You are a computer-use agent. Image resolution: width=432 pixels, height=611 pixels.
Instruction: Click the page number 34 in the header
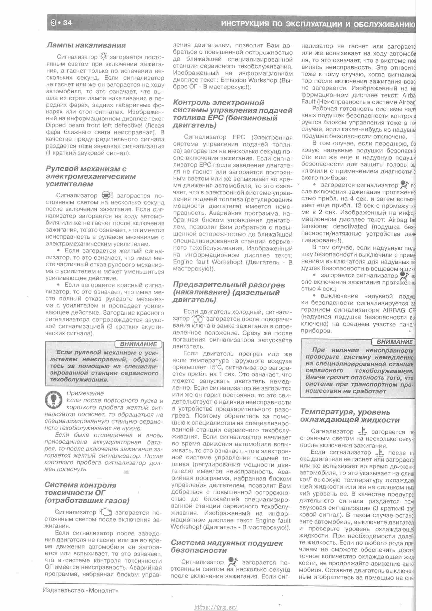click(68, 23)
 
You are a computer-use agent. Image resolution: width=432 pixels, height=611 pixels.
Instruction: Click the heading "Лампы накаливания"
click(86, 45)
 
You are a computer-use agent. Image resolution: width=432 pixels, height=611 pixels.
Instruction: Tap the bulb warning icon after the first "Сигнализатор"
click(103, 56)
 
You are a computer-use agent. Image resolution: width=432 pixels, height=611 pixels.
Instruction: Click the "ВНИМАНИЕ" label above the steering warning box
click(138, 344)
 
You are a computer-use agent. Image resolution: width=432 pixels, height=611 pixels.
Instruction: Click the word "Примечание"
click(85, 393)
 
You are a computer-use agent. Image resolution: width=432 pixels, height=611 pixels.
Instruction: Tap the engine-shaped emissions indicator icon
click(106, 512)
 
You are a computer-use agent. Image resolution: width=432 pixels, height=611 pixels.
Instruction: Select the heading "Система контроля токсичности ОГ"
click(87, 493)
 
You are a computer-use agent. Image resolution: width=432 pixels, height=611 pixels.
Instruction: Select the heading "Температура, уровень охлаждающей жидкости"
click(350, 416)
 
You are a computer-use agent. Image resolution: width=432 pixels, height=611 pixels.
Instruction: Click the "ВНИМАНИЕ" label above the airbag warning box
click(394, 342)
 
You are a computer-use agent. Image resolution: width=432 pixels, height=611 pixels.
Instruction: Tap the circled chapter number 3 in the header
click(53, 23)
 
